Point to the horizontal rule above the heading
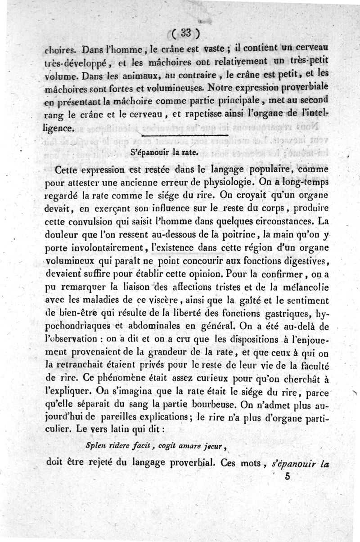(x=184, y=134)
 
